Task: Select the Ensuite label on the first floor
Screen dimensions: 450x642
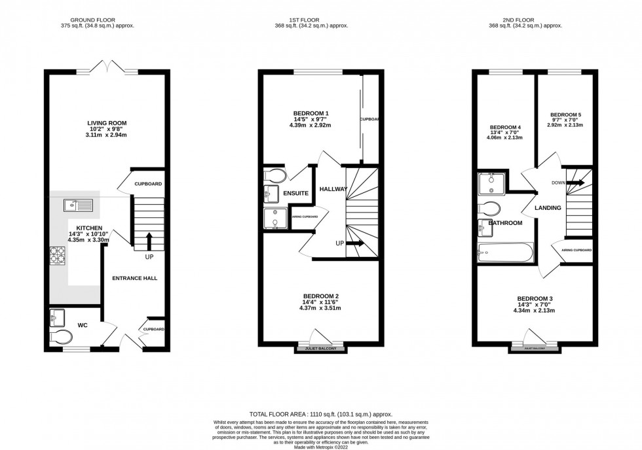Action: [x=295, y=194]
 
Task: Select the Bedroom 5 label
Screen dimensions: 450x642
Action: [x=565, y=114]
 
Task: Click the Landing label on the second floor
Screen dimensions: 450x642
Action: [x=548, y=208]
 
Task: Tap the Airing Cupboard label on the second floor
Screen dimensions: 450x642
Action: [x=577, y=251]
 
